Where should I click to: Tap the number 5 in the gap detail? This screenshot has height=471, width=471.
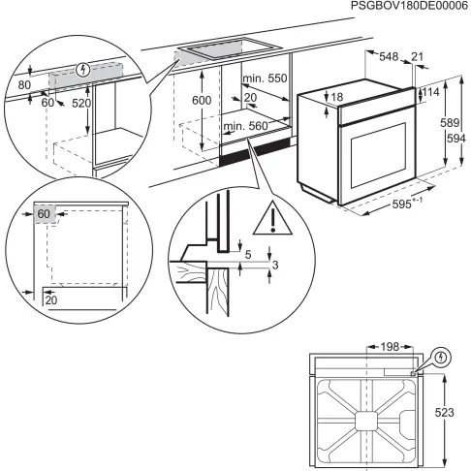coord(248,256)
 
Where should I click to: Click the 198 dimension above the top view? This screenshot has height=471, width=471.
coord(389,346)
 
